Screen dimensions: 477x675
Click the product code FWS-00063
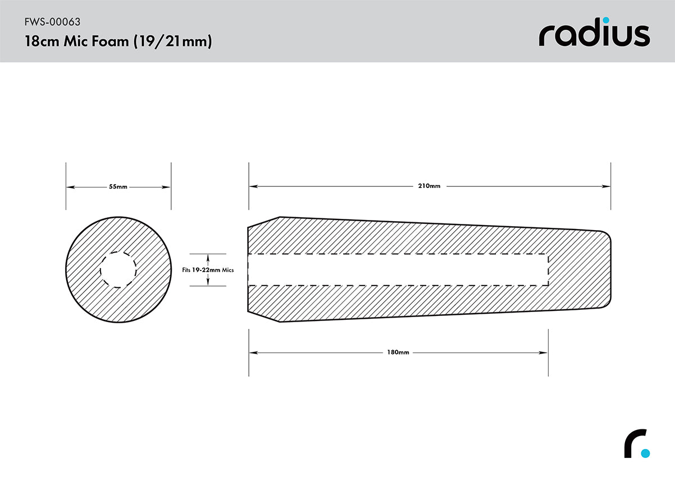(x=52, y=22)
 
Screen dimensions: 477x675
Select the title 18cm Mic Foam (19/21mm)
(x=118, y=42)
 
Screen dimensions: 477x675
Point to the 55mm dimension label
(x=118, y=187)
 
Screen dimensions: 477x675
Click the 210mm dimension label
(x=430, y=186)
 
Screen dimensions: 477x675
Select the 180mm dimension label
(x=398, y=352)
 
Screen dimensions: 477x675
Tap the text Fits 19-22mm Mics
(x=208, y=270)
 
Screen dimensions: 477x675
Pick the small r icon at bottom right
(x=637, y=444)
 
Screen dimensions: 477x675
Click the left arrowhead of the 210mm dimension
(x=253, y=186)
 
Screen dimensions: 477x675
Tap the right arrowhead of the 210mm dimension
(x=607, y=186)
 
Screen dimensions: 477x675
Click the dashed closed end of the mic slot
(x=548, y=270)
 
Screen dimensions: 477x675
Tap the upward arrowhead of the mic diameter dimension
(x=208, y=256)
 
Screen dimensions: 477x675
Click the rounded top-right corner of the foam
(x=605, y=235)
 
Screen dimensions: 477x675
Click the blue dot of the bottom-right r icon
(x=645, y=452)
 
